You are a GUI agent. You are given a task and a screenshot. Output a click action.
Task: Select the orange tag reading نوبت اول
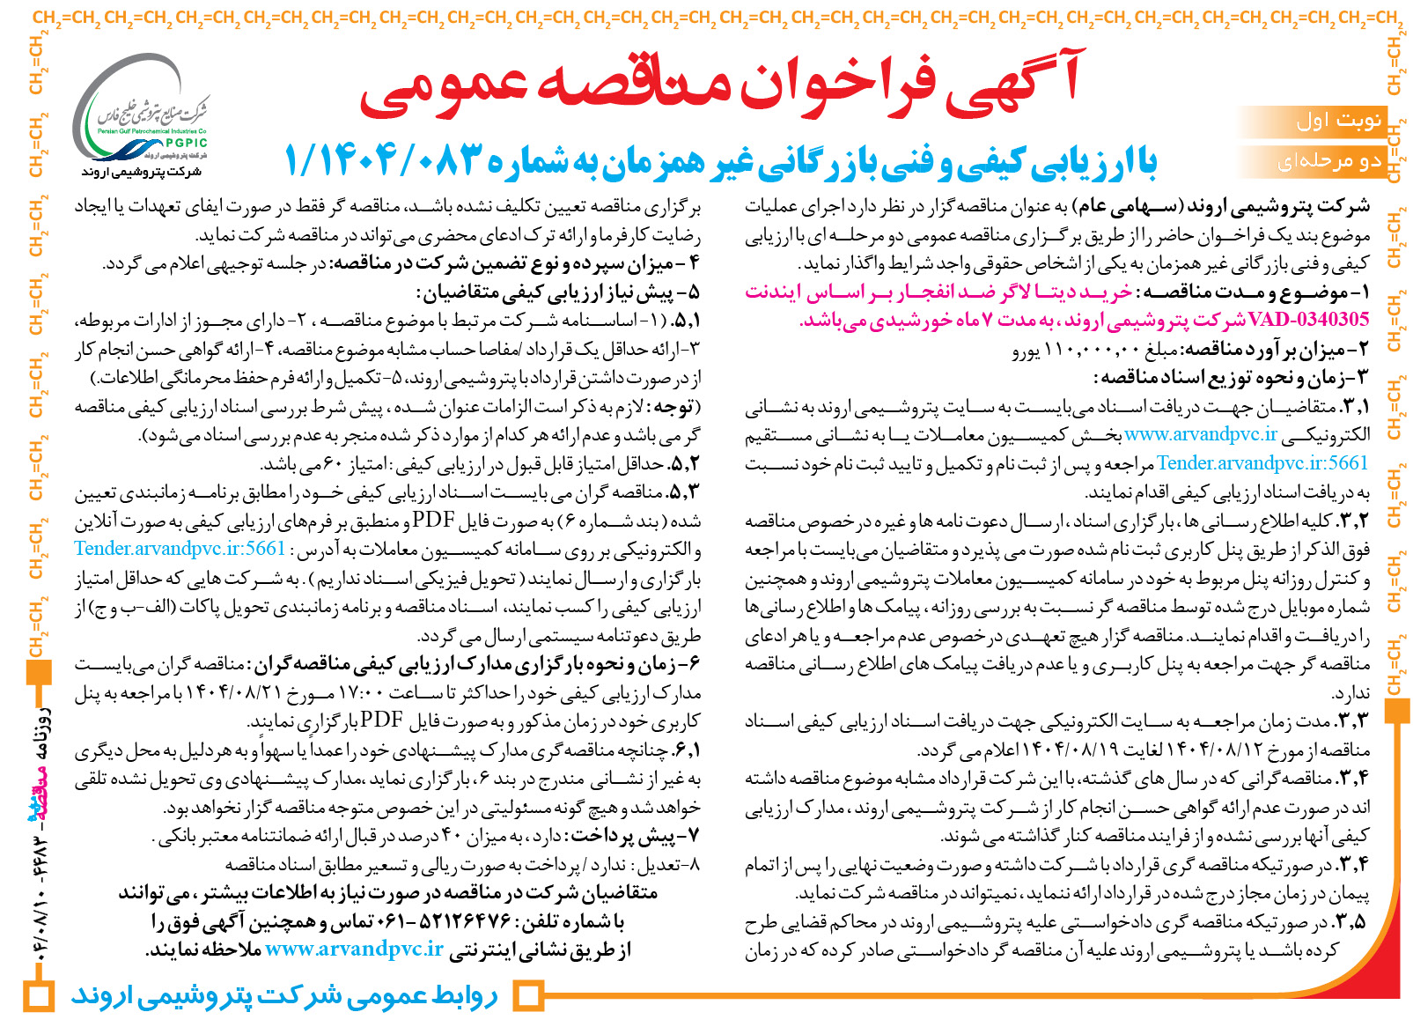[x=1339, y=121]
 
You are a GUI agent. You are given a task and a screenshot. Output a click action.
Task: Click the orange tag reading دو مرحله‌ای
[x=1329, y=160]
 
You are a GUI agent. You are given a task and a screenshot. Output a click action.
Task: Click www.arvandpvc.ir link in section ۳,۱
[x=1201, y=433]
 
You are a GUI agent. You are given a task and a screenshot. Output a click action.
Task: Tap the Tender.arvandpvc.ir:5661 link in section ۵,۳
[x=180, y=548]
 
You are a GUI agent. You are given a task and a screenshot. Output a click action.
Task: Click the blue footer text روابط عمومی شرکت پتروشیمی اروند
[x=283, y=996]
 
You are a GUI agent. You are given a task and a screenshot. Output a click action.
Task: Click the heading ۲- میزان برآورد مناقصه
[x=1269, y=350]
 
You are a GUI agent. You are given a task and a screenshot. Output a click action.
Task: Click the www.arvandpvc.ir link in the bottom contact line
[x=354, y=949]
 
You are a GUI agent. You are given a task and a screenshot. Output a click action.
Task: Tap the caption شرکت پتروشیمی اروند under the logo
[x=141, y=171]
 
